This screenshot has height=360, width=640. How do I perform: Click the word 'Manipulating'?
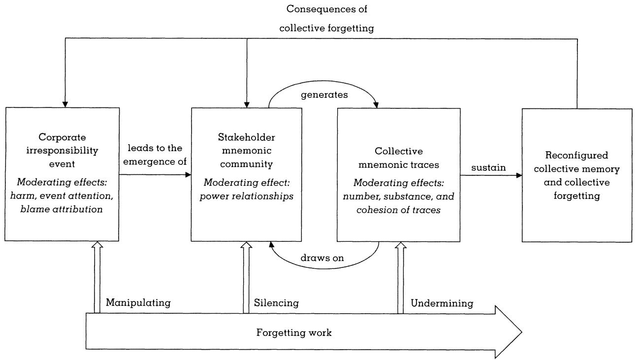tap(138, 303)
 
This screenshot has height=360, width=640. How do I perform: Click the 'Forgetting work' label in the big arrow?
tap(294, 332)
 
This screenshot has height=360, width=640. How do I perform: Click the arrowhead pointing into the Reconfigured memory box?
tap(518, 175)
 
